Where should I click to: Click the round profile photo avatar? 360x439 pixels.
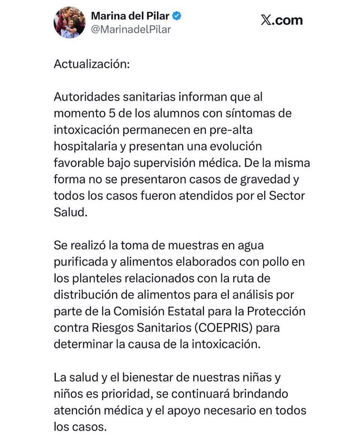coord(70,22)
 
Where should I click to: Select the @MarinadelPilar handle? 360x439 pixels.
coord(131,29)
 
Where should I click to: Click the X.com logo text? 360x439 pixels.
coord(281,20)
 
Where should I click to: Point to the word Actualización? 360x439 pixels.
coord(91,64)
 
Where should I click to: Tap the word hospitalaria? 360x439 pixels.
coord(85,146)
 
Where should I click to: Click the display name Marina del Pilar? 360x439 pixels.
coord(130,16)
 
